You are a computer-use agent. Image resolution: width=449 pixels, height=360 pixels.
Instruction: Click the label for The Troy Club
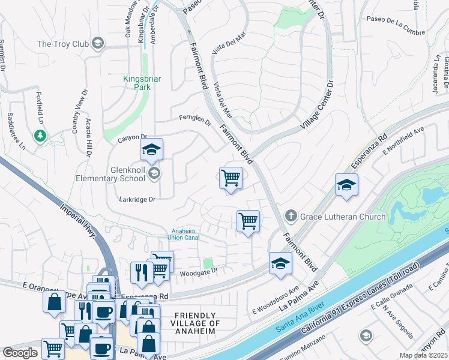pos(63,44)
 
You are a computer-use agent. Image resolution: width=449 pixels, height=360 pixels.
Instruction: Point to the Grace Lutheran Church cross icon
pos(291,215)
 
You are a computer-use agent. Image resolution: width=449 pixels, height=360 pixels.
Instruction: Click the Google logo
pos(20,353)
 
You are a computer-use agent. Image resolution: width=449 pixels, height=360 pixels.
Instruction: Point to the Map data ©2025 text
pos(423,355)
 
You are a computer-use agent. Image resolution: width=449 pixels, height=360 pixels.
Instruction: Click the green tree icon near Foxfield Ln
pos(40,136)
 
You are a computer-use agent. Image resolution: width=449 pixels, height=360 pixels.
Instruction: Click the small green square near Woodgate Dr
pos(208,263)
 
